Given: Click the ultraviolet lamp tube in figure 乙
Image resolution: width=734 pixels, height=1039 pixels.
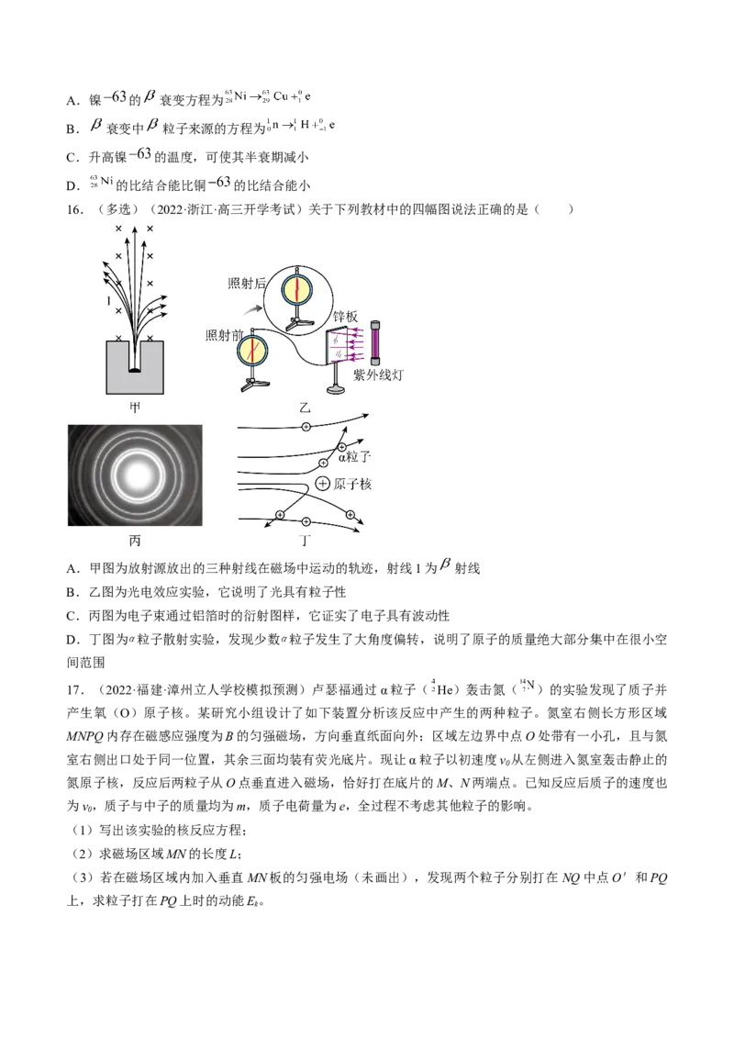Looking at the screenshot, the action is point(375,342).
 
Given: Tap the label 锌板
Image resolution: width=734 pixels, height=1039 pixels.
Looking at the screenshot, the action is point(345,317).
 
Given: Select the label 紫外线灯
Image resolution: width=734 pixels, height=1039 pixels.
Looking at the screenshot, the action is point(378,375).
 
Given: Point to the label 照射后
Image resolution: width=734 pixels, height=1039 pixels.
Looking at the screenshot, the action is point(247,283).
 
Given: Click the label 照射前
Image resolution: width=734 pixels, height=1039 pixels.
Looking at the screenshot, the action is point(225,335).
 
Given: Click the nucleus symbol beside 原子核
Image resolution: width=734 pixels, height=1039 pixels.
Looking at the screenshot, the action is point(322,484).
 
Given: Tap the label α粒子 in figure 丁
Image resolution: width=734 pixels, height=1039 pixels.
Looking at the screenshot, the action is point(354,456).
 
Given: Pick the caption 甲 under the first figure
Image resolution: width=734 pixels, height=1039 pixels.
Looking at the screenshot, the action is point(135,408).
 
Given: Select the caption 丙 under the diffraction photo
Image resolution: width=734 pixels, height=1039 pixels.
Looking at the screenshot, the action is point(135,541).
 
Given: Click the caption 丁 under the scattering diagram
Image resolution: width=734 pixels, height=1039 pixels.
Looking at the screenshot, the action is point(304,541).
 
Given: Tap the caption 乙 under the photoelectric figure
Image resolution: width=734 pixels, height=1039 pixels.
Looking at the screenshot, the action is point(304,408).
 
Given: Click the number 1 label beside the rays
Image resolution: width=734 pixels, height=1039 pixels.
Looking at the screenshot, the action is point(108,301).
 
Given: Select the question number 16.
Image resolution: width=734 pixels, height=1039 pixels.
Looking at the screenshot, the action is point(74,209).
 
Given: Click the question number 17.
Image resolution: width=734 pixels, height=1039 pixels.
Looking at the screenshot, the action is point(75,690).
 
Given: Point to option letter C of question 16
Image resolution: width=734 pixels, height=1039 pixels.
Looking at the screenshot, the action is point(72,616).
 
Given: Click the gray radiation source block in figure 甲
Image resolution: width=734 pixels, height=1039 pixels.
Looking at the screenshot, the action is point(135,368).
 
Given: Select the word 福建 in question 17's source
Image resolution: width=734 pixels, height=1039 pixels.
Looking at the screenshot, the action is point(149,690).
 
